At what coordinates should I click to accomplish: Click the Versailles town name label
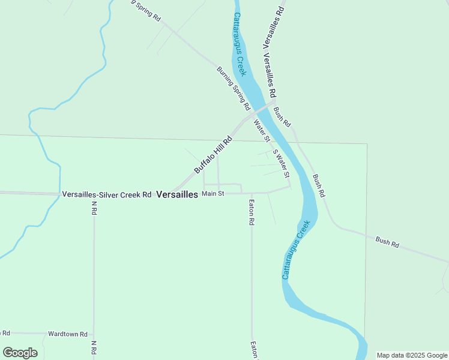pyautogui.click(x=177, y=194)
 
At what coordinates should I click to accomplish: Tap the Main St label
pyautogui.click(x=212, y=194)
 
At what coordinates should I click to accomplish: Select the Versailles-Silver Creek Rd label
pyautogui.click(x=106, y=194)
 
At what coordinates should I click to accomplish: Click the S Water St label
pyautogui.click(x=281, y=163)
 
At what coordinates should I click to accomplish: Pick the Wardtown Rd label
pyautogui.click(x=68, y=334)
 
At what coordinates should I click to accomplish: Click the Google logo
pyautogui.click(x=20, y=353)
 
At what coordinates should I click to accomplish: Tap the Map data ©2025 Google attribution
pyautogui.click(x=412, y=355)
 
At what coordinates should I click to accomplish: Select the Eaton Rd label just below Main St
pyautogui.click(x=252, y=212)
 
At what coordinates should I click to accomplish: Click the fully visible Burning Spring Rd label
pyautogui.click(x=233, y=88)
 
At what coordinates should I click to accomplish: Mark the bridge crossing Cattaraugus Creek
pyautogui.click(x=265, y=108)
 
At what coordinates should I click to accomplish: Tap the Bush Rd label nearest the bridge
pyautogui.click(x=282, y=116)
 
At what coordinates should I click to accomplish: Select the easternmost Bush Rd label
pyautogui.click(x=387, y=242)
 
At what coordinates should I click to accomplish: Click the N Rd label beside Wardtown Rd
pyautogui.click(x=94, y=347)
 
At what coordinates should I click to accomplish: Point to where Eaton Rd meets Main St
pyautogui.click(x=251, y=193)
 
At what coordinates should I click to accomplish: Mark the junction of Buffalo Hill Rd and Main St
pyautogui.click(x=175, y=193)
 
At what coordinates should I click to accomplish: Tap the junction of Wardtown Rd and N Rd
pyautogui.click(x=94, y=333)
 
